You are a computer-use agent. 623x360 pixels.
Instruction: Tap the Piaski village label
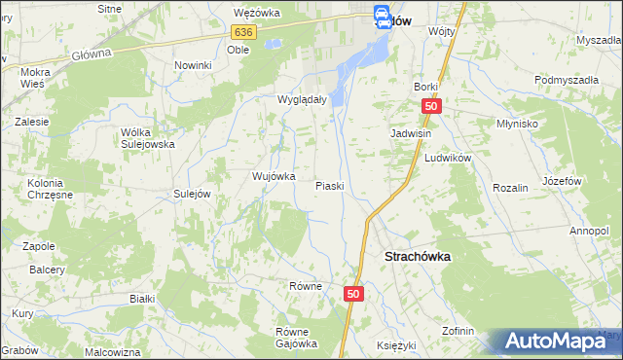(330, 185)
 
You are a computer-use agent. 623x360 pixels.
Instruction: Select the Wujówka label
(274, 176)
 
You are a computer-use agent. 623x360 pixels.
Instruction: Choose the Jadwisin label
(411, 133)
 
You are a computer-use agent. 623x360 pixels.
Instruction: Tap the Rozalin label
(510, 187)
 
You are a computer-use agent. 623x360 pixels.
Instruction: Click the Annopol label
(589, 231)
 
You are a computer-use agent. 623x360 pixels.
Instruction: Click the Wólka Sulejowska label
(147, 137)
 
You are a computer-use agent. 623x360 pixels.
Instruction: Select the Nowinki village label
(193, 65)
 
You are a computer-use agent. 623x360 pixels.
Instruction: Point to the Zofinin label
(458, 331)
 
